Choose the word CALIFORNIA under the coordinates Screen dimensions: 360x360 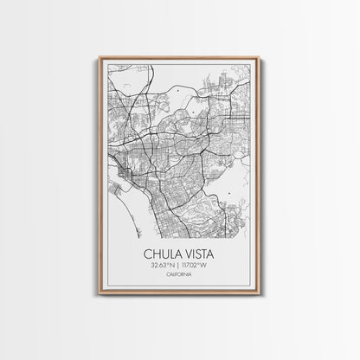click(x=180, y=279)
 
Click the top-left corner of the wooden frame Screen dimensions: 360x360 click(x=100, y=58)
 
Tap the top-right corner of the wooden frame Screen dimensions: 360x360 click(x=260, y=58)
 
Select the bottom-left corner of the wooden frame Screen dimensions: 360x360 click(x=100, y=296)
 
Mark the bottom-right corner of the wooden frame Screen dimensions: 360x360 click(x=260, y=296)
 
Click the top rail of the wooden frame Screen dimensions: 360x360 click(x=180, y=58)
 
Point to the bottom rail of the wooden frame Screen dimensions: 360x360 click(x=180, y=295)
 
